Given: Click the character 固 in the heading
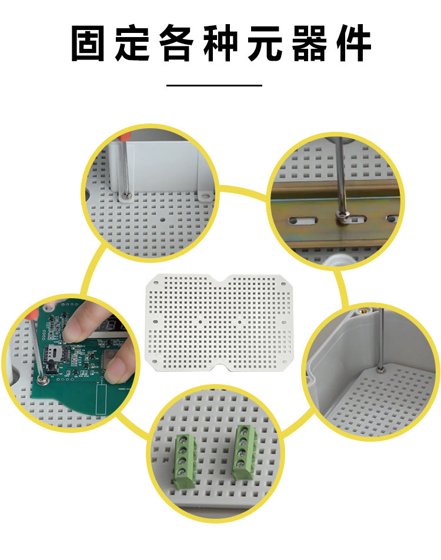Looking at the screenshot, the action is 88,43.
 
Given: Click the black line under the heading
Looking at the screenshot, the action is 214,85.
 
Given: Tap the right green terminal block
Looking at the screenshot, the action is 244,452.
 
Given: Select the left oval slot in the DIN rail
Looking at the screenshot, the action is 303,221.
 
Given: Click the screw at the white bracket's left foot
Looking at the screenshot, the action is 125,195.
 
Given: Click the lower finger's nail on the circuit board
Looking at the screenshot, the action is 115,369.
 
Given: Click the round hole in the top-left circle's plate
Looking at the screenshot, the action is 163,219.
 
